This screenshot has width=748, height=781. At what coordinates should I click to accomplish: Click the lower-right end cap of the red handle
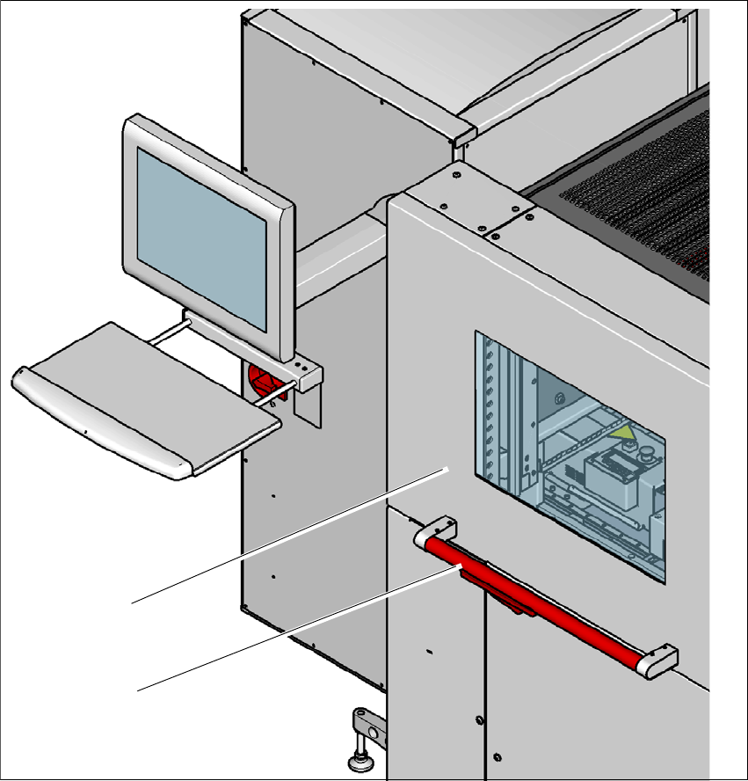click(x=660, y=661)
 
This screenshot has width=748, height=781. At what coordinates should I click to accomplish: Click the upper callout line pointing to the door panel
click(x=281, y=536)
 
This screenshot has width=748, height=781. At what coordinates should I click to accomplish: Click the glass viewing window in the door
click(x=571, y=457)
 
